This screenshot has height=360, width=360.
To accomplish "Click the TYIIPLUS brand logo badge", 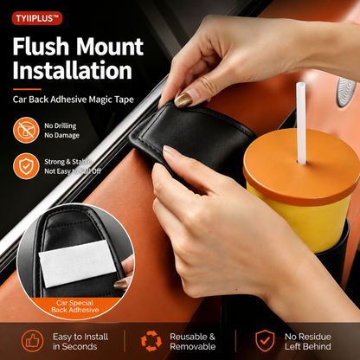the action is pyautogui.click(x=37, y=18).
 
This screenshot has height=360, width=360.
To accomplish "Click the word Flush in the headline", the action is pyautogui.click(x=40, y=47).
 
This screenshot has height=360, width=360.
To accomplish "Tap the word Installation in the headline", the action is pyautogui.click(x=73, y=70).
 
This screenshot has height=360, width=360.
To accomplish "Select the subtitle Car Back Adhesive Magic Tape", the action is pyautogui.click(x=74, y=100).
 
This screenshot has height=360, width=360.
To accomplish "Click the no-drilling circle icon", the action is pyautogui.click(x=26, y=130).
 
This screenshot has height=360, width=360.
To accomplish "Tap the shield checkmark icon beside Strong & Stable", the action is pyautogui.click(x=26, y=166).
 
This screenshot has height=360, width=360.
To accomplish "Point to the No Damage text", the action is pyautogui.click(x=61, y=135).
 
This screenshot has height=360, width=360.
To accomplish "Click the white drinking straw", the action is pyautogui.click(x=301, y=123).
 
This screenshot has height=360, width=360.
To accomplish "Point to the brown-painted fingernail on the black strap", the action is pyautogui.click(x=183, y=99).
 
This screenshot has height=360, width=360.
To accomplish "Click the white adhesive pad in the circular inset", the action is pyautogui.click(x=77, y=264).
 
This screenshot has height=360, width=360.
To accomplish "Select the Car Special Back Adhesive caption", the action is pyautogui.click(x=75, y=306).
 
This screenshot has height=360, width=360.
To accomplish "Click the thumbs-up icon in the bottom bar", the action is pyautogui.click(x=33, y=341).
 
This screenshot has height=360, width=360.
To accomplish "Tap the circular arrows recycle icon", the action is pyautogui.click(x=151, y=341).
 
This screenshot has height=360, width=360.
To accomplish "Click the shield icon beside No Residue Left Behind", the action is pyautogui.click(x=265, y=341).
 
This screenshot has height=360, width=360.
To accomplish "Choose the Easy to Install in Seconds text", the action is pyautogui.click(x=80, y=342).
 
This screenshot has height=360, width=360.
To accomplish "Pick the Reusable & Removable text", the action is pyautogui.click(x=193, y=342).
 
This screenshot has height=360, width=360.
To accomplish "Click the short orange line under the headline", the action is pyautogui.click(x=27, y=89).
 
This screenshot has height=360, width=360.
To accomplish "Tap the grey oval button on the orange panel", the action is pyautogui.click(x=345, y=92).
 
